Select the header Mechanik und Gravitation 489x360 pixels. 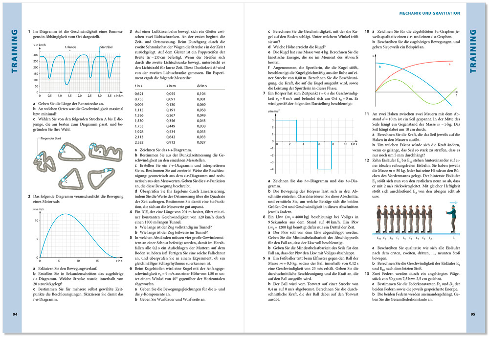429,13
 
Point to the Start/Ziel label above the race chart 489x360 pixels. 107,47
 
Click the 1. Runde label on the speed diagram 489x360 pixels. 70,47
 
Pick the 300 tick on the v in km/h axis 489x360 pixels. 35,55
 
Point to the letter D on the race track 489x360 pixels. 99,151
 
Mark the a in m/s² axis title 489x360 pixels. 273,112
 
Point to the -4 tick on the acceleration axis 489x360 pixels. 273,169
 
